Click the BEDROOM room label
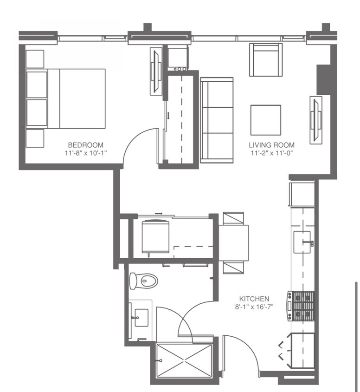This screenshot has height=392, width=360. (86, 145)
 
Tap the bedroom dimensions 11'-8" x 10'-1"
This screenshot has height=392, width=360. (86, 152)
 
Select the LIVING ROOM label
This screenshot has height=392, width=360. (271, 145)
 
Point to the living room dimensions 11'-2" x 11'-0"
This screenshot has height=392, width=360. (271, 152)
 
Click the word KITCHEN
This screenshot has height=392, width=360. (254, 298)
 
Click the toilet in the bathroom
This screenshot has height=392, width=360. (145, 280)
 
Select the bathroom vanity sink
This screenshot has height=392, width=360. (138, 318)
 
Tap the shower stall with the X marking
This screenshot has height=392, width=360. (184, 361)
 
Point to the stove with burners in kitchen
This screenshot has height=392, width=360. (301, 306)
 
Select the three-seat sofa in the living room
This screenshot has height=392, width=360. (217, 120)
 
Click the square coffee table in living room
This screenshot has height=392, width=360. (266, 120)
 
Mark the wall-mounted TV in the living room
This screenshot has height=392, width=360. (316, 119)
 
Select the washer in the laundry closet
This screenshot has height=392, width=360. (155, 237)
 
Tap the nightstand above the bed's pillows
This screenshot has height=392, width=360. (35, 59)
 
